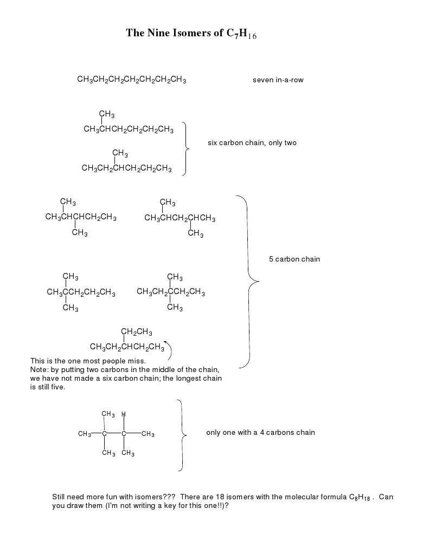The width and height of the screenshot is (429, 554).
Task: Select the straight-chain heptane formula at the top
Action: [132, 80]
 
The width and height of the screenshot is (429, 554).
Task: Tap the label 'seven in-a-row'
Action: [278, 80]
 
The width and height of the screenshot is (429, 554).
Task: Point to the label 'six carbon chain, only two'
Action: [252, 143]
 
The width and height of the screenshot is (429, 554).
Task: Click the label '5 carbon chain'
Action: [294, 259]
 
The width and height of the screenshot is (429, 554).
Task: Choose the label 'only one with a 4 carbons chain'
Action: [260, 432]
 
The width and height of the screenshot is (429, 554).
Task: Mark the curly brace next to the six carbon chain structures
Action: [186, 148]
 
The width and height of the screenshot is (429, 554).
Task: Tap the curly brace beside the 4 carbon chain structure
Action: [182, 434]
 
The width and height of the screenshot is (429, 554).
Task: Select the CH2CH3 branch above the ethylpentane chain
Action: [136, 332]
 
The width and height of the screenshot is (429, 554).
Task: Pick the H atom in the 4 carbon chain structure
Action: [124, 414]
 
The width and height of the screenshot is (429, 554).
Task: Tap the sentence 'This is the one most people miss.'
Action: [88, 360]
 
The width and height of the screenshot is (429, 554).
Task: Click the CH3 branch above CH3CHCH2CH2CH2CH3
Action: [106, 114]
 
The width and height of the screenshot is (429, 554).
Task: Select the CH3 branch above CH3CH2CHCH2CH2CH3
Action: [120, 153]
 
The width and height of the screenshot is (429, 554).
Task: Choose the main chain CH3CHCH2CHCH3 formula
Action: [180, 219]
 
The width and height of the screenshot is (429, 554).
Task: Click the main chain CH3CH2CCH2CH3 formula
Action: [171, 292]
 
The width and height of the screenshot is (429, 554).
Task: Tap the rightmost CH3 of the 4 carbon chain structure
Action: [148, 434]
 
